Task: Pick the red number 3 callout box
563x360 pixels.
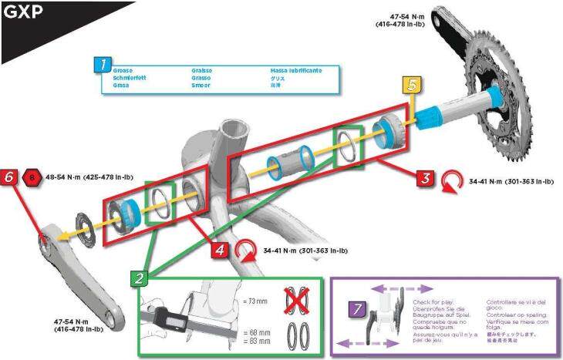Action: (x=423, y=177)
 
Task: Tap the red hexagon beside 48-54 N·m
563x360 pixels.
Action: (x=32, y=177)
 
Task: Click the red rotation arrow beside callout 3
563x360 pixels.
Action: (x=450, y=182)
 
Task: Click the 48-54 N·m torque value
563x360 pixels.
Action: (x=65, y=177)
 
